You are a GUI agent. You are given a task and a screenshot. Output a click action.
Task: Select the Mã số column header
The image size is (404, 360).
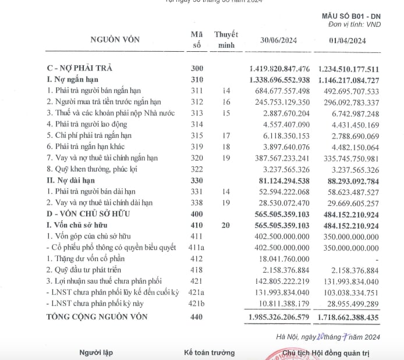point(197,40)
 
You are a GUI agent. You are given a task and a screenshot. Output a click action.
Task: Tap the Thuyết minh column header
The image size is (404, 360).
point(225,40)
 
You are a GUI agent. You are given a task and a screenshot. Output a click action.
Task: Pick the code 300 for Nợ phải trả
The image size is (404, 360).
point(197,69)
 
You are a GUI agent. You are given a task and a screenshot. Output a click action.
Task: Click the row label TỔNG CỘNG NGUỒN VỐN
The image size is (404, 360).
point(97,317)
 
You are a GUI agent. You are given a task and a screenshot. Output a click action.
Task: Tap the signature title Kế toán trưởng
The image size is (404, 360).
point(209,352)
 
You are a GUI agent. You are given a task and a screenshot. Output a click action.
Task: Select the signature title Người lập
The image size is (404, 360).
point(97,352)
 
